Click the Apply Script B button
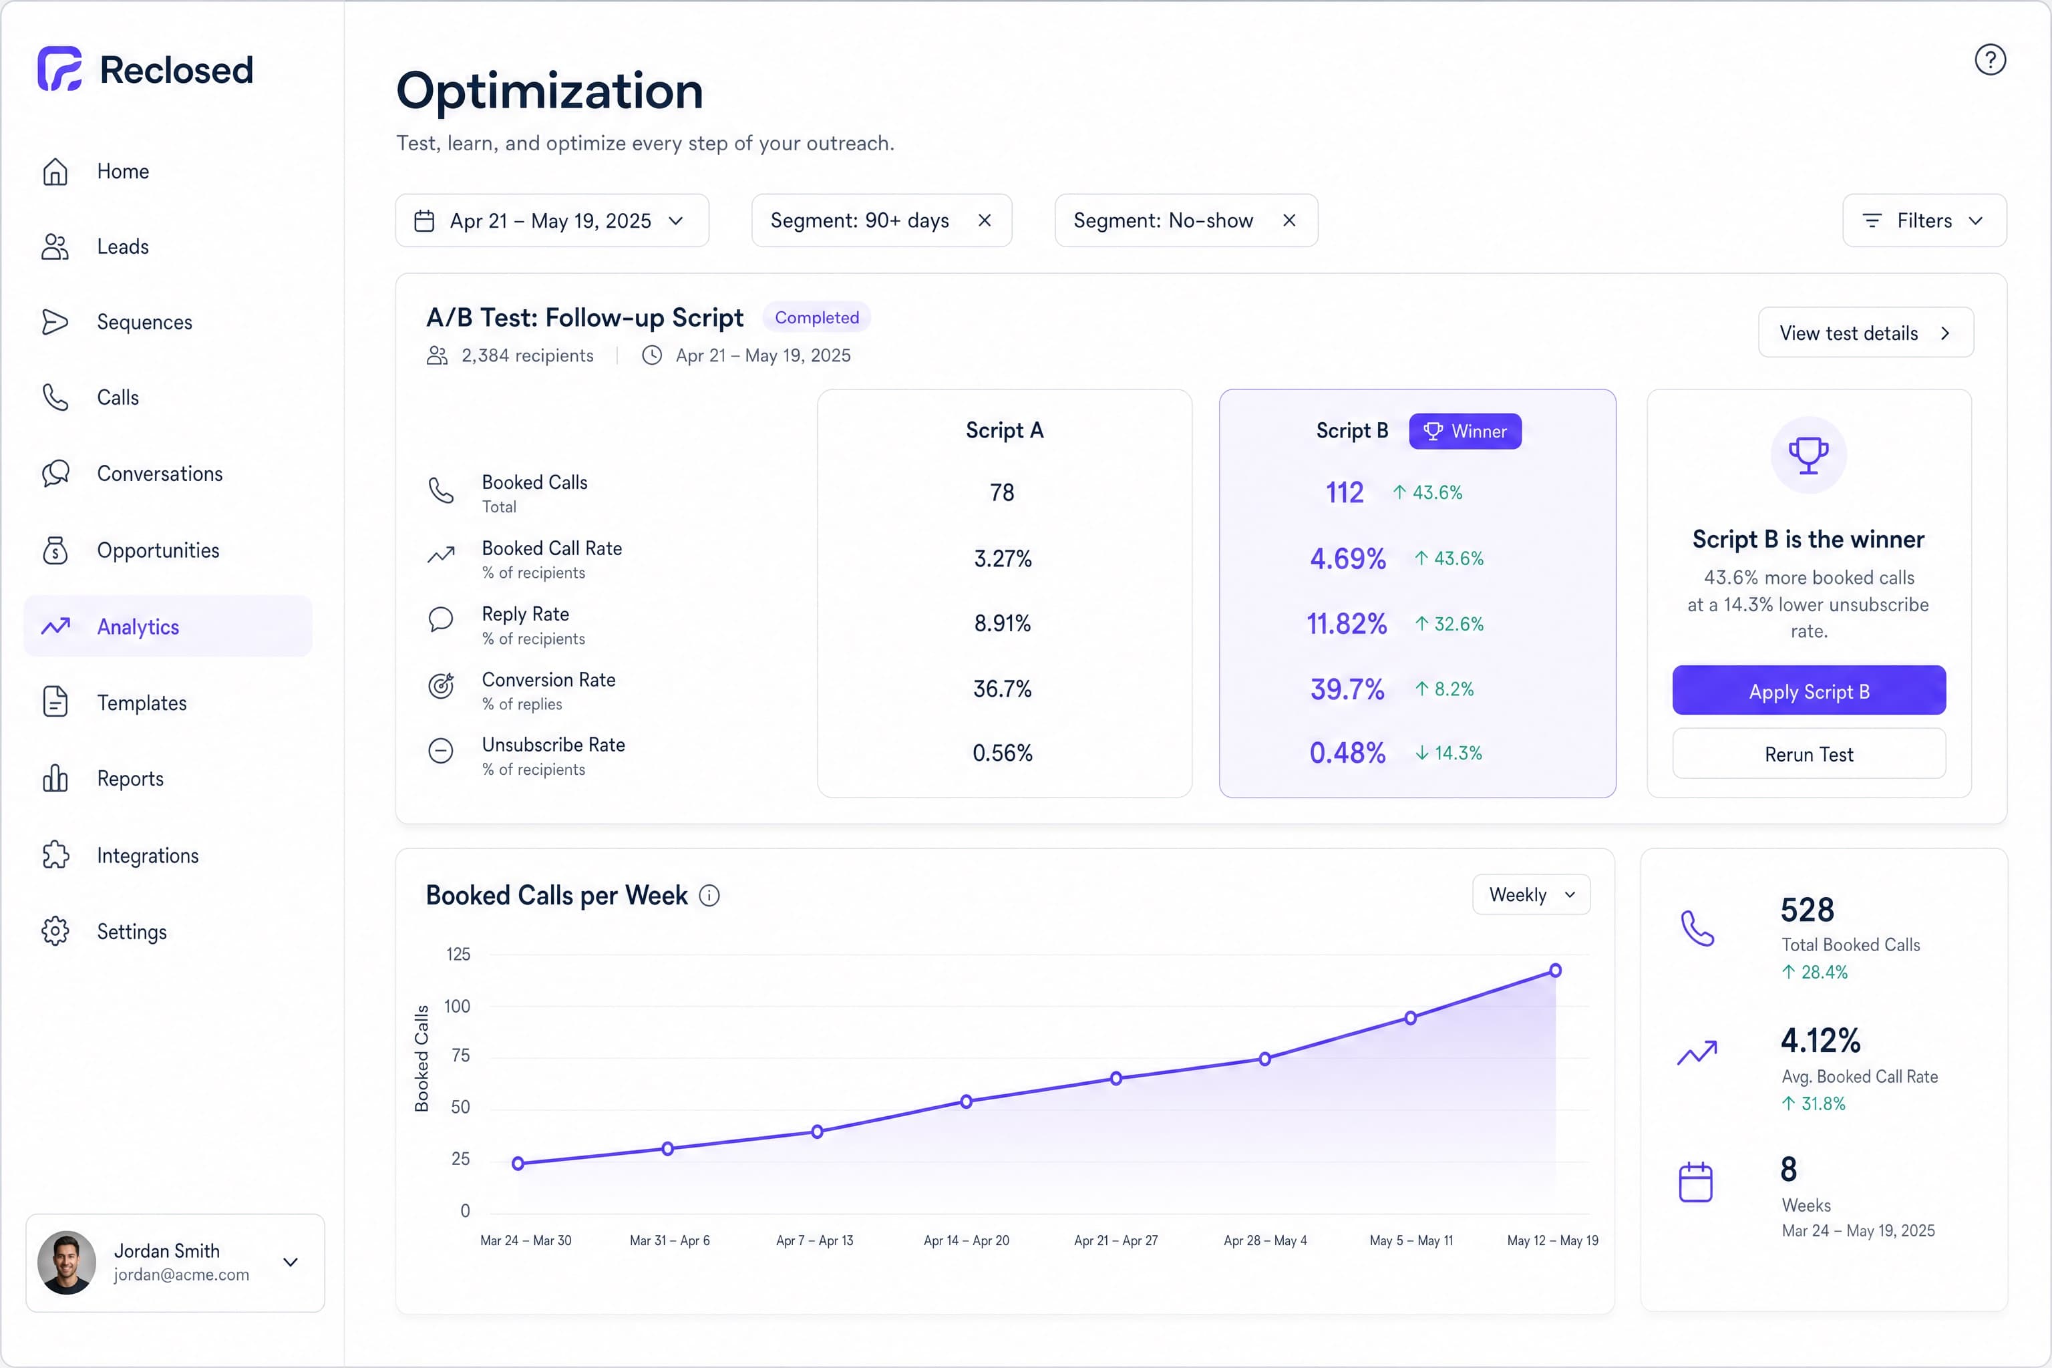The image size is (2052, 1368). point(1809,690)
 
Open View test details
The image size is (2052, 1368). point(1865,333)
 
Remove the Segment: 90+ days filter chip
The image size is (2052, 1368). point(984,220)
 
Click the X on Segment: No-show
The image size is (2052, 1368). point(1289,220)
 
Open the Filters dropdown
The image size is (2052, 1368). point(1924,220)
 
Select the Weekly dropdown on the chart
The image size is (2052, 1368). point(1531,894)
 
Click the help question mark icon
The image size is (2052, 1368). point(1990,60)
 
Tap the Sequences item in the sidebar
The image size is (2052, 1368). point(144,322)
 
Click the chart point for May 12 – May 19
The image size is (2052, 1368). point(1555,970)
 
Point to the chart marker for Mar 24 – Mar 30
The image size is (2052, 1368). point(518,1163)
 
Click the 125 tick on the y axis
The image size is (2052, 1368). point(458,954)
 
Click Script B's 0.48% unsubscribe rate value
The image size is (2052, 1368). point(1347,752)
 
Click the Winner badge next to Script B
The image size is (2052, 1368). point(1465,431)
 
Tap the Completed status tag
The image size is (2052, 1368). point(817,317)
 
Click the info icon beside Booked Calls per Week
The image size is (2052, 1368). point(709,896)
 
